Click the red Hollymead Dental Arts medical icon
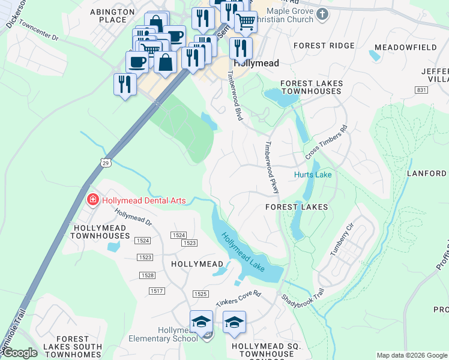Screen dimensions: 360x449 click(92, 200)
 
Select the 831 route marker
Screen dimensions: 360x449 click(421, 89)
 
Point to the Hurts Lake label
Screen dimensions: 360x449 click(312, 175)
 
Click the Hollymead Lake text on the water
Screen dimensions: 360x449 click(244, 251)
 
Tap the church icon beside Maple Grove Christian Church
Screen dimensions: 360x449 click(323, 14)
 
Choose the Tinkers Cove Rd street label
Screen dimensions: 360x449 click(240, 297)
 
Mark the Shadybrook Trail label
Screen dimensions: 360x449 click(303, 300)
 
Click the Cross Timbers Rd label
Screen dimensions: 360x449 click(327, 142)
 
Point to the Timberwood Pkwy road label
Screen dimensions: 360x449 click(272, 168)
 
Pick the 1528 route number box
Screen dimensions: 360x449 click(148, 275)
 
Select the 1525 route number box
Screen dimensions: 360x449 click(200, 293)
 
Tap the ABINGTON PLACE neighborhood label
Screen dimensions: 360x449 click(108, 16)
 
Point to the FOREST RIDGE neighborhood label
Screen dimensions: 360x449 click(324, 46)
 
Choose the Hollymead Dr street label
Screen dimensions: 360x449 click(133, 217)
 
